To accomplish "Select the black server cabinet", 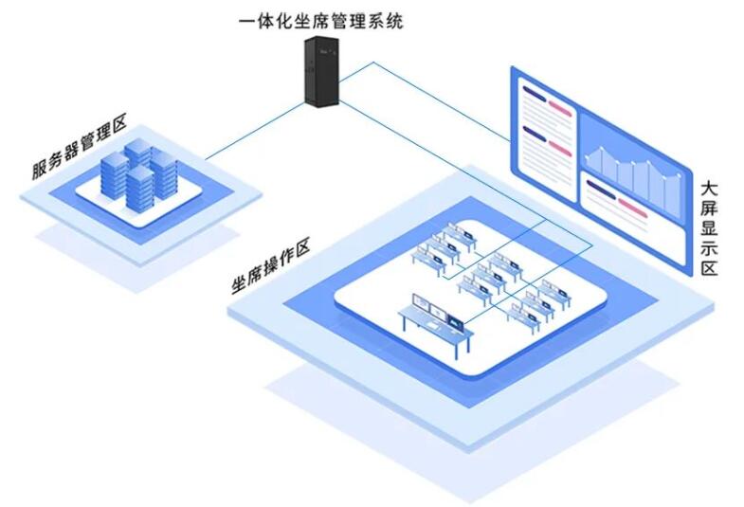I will click(320, 72).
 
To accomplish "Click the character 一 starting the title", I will click(248, 20).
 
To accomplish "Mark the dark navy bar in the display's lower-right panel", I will click(601, 187).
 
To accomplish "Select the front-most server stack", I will click(139, 190).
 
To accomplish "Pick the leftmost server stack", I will click(115, 176).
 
